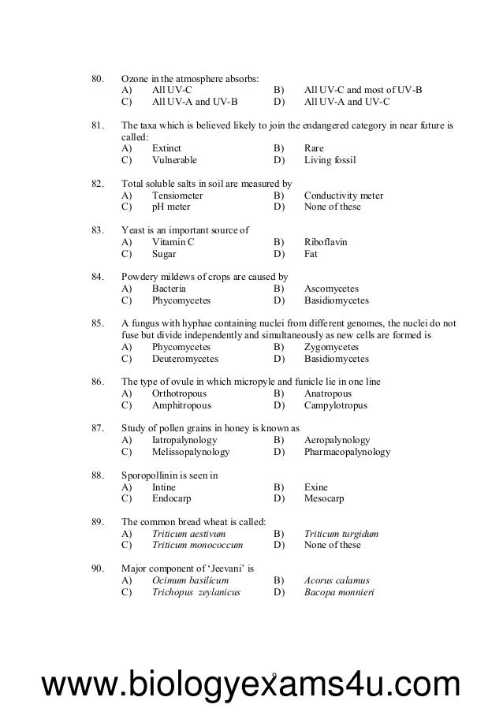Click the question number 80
98,79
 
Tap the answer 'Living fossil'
330,160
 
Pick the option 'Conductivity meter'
343,196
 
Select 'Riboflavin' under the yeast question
325,242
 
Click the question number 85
98,323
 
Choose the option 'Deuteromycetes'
184,359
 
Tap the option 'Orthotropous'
181,393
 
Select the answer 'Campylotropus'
335,405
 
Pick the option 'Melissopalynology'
190,452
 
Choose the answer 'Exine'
315,487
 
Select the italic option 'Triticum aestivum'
188,534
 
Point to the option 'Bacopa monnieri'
338,592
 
